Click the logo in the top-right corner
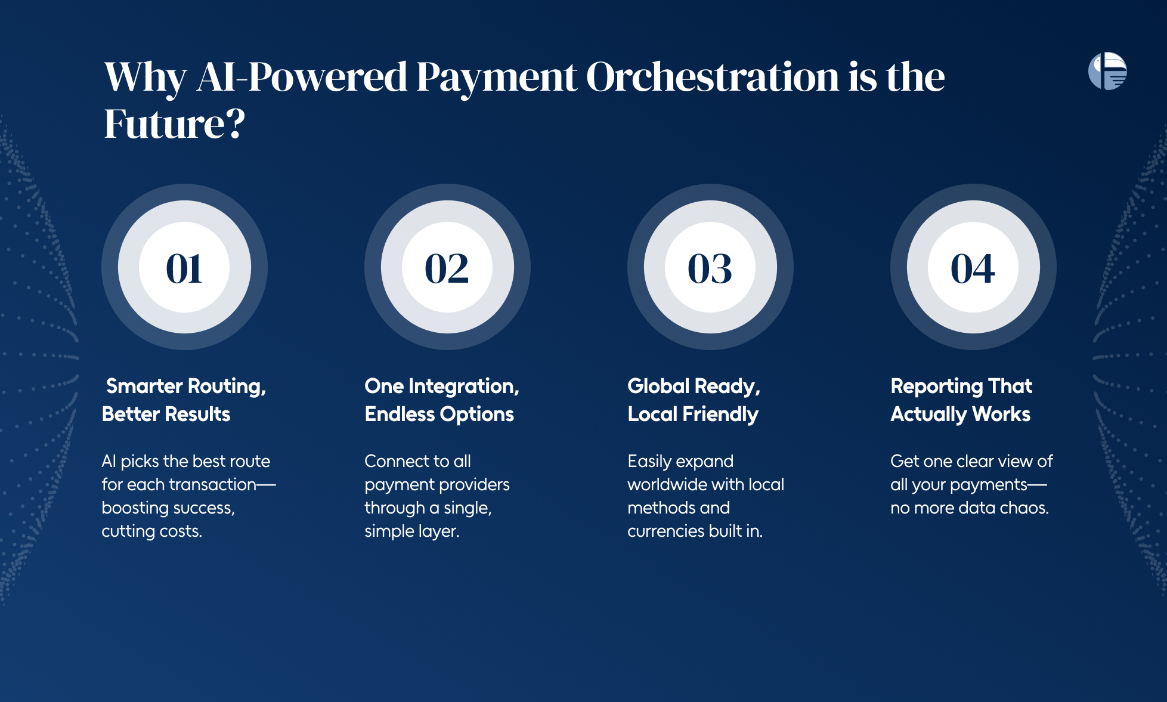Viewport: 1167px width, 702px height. tap(1107, 71)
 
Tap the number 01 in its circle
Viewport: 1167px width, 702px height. tap(184, 268)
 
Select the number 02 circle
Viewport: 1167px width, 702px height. tap(447, 267)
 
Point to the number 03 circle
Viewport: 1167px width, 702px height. tap(710, 267)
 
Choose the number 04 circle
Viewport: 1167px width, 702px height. tap(973, 267)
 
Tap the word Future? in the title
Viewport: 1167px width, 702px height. tap(175, 124)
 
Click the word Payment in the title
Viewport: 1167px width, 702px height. tap(496, 78)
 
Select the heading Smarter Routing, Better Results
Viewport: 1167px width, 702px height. tap(184, 400)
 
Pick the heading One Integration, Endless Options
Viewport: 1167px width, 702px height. tap(442, 400)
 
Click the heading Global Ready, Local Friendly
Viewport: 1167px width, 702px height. tap(694, 400)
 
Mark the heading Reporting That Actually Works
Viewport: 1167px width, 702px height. tap(961, 400)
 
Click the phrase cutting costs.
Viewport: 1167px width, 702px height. tap(151, 531)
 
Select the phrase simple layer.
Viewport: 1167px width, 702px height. tap(412, 531)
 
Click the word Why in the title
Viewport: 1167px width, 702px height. tap(146, 78)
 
